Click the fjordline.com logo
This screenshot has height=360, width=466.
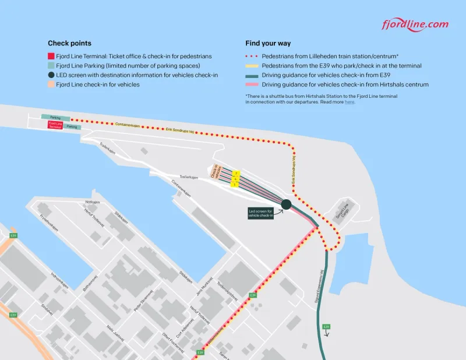[x=415, y=24]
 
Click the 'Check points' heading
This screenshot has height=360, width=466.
[x=69, y=43]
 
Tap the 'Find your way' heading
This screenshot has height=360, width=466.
[x=268, y=43]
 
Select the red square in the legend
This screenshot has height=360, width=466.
[x=51, y=57]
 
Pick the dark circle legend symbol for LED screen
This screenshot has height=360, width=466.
[x=51, y=75]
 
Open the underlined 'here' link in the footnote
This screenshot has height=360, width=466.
[x=349, y=102]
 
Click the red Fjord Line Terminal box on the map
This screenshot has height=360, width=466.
[x=55, y=125]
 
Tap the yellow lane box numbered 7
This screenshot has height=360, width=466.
[x=236, y=174]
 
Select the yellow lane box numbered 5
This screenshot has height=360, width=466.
[x=234, y=185]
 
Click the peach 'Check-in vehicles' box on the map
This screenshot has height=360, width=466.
[x=216, y=171]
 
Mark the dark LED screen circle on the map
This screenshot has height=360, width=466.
[x=286, y=204]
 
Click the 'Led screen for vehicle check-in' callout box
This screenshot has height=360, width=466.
[x=260, y=213]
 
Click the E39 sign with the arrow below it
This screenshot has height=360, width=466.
[x=326, y=326]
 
